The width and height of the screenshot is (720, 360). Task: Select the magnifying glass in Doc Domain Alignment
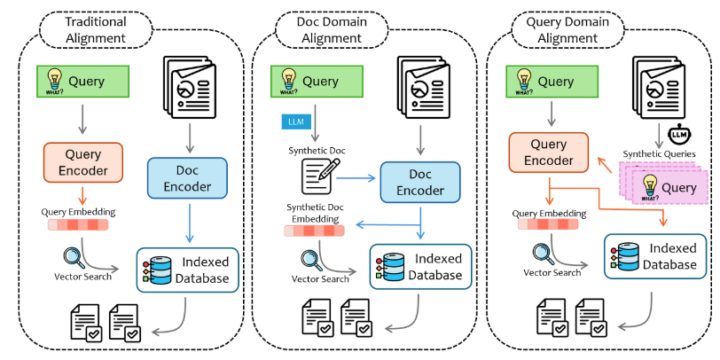pos(311,259)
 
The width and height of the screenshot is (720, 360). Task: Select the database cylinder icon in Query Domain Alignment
pos(622,256)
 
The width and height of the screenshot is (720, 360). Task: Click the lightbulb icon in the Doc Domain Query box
pos(287,80)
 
